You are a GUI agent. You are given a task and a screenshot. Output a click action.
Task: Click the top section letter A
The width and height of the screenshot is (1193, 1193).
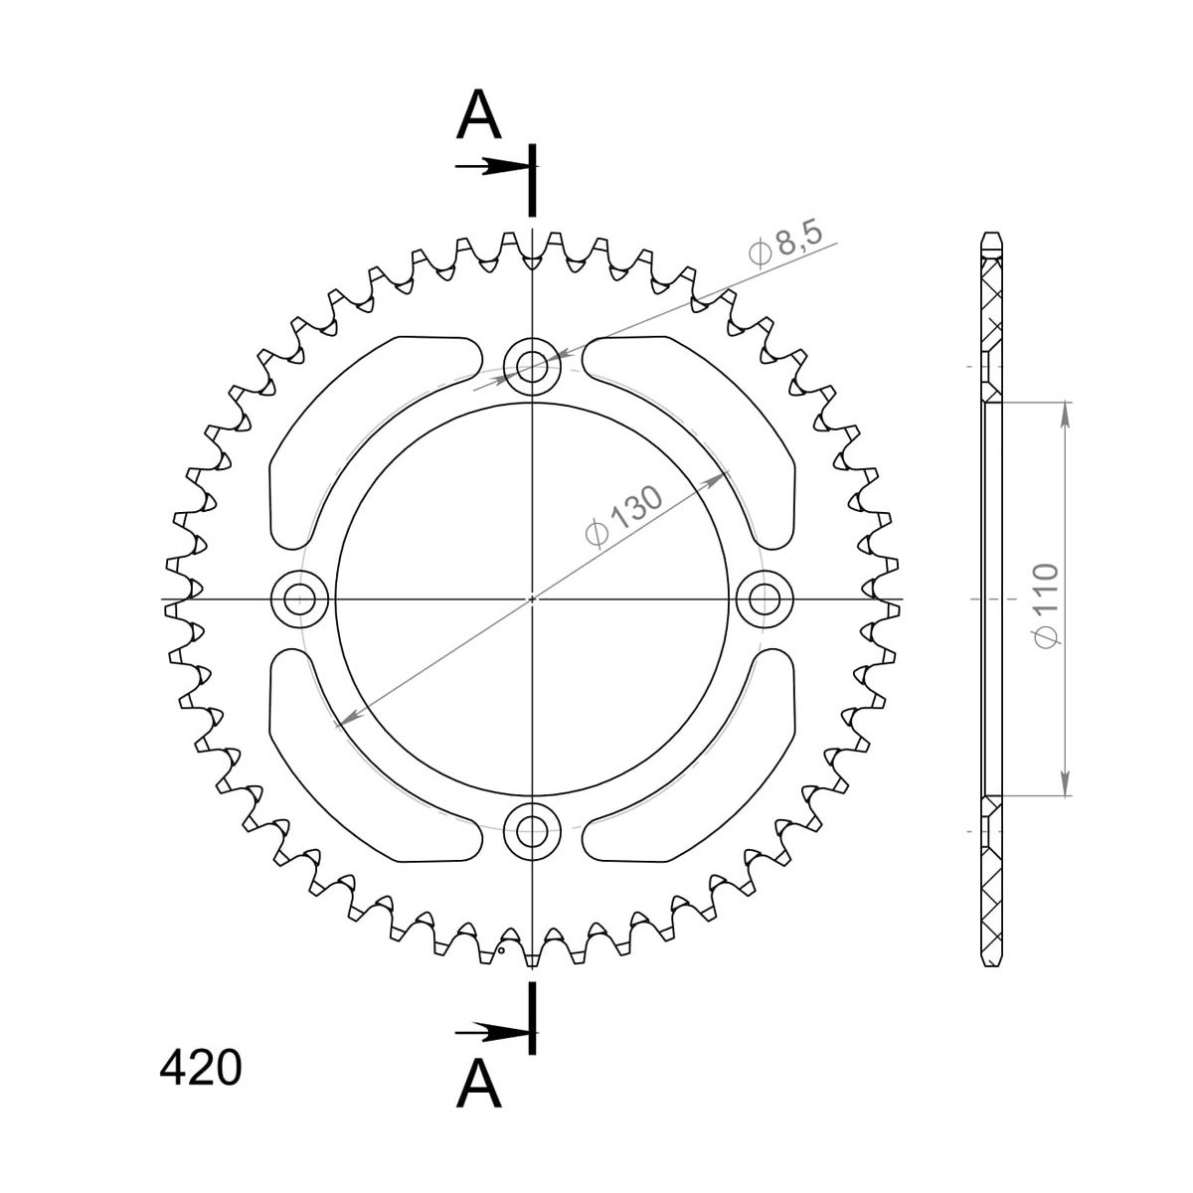(x=478, y=115)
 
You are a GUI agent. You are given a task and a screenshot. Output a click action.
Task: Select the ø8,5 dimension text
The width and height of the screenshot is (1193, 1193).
(x=786, y=247)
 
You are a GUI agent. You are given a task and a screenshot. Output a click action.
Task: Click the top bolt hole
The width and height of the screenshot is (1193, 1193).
(x=532, y=367)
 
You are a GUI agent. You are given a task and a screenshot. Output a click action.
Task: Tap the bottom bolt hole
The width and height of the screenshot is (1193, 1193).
(x=532, y=831)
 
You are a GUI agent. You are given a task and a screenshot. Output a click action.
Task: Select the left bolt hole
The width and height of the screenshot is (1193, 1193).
(x=299, y=599)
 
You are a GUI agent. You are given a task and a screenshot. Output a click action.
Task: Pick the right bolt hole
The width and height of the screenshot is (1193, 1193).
(x=765, y=599)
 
